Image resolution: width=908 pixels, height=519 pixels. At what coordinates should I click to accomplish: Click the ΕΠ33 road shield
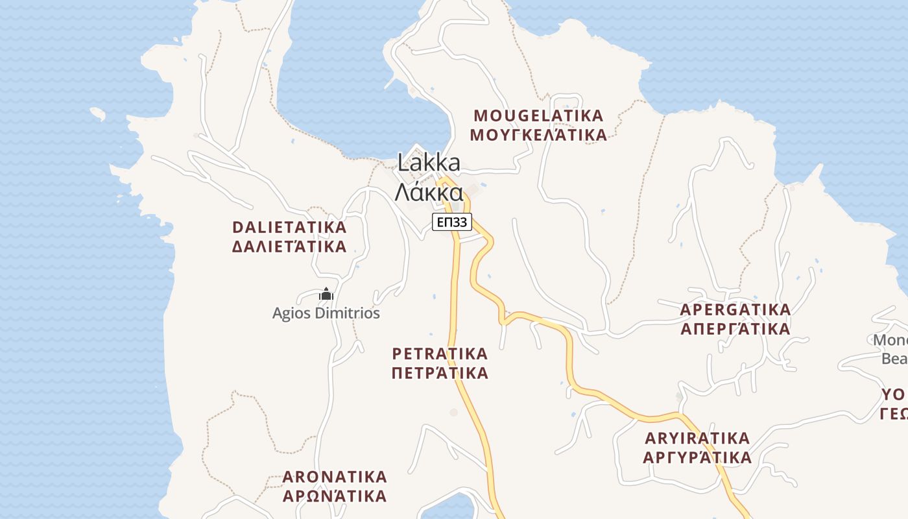[452, 223]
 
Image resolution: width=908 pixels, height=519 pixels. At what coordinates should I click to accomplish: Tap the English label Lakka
[429, 162]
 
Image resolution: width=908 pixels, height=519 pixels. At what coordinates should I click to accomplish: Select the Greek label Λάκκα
[429, 192]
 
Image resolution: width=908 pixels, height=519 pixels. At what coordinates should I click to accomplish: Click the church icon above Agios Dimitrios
[326, 295]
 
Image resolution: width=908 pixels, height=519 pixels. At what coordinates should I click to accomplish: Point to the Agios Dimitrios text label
[326, 313]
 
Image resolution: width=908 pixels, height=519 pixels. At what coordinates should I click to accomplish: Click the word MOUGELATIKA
[538, 116]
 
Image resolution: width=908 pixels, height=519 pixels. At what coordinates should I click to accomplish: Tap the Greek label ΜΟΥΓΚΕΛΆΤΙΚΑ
[538, 135]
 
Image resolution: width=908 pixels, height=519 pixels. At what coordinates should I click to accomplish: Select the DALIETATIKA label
[289, 228]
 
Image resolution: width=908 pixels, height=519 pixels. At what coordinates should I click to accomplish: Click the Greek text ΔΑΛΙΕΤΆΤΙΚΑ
[289, 247]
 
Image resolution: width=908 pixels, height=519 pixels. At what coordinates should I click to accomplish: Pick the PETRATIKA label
[440, 354]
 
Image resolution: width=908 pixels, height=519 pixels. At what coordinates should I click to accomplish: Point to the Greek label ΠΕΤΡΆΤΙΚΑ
[440, 373]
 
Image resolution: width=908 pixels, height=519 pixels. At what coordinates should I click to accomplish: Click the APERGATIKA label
[735, 309]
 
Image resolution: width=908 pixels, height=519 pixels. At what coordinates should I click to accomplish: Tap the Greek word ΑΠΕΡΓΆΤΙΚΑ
[735, 329]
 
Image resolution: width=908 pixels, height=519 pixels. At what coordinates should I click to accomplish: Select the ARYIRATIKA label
[697, 438]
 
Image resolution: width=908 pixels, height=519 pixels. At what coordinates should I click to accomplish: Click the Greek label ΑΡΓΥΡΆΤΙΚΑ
[697, 457]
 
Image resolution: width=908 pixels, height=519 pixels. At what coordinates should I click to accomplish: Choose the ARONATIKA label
[335, 477]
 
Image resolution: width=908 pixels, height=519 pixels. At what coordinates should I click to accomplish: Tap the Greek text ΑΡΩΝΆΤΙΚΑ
[335, 496]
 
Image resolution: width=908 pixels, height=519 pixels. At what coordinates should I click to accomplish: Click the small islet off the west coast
[97, 114]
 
